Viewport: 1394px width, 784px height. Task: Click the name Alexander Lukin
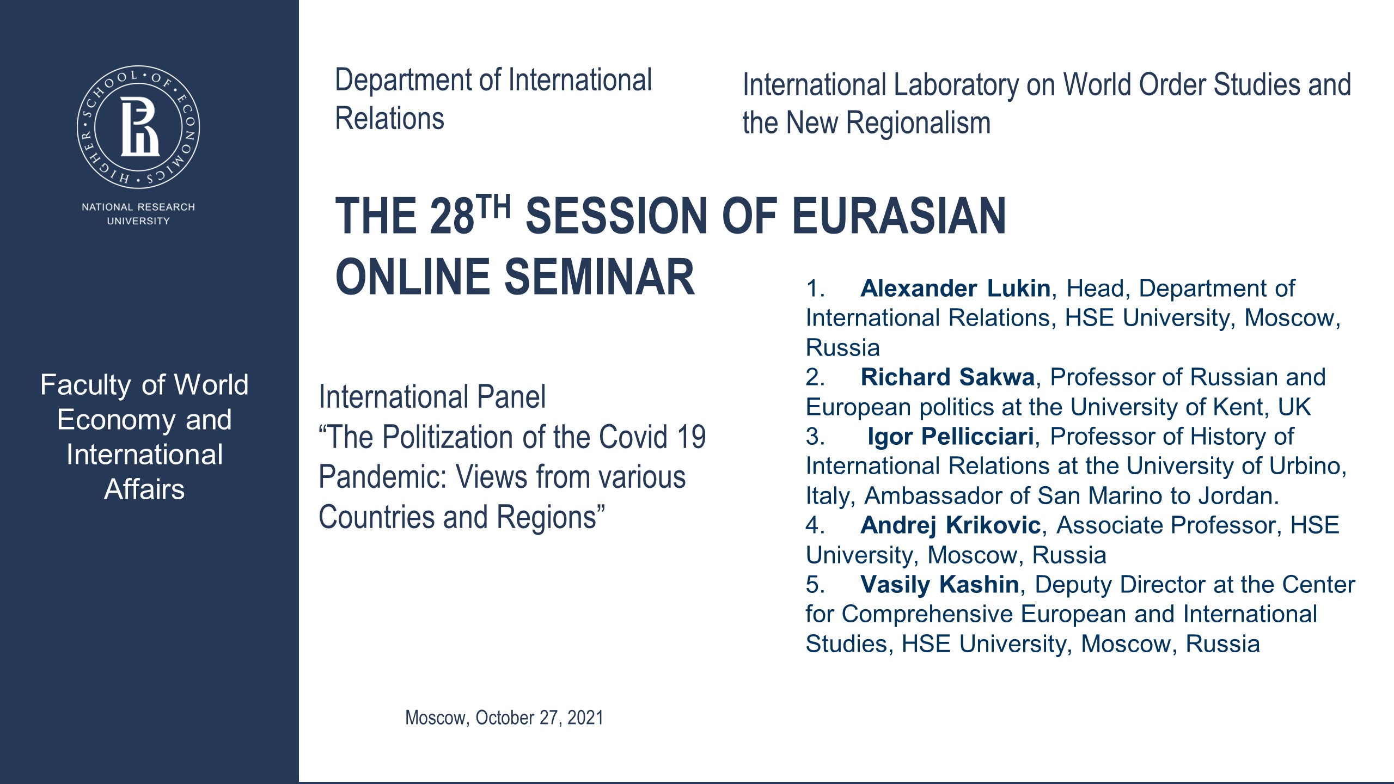[955, 289]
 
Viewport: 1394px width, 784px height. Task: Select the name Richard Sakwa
[947, 377]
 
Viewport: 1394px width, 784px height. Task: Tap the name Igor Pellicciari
[950, 437]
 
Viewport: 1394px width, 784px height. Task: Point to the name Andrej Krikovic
[950, 525]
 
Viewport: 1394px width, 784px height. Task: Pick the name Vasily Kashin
[939, 585]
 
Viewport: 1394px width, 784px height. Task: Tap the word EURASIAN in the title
[898, 217]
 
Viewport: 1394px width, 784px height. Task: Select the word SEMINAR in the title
[599, 278]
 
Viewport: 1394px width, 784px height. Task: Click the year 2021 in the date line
[585, 718]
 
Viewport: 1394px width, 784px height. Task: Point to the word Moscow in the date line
[436, 718]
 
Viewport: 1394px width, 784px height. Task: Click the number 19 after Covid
[692, 437]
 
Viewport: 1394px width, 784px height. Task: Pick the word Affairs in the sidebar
[144, 489]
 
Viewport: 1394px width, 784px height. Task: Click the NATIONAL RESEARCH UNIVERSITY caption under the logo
[138, 214]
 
